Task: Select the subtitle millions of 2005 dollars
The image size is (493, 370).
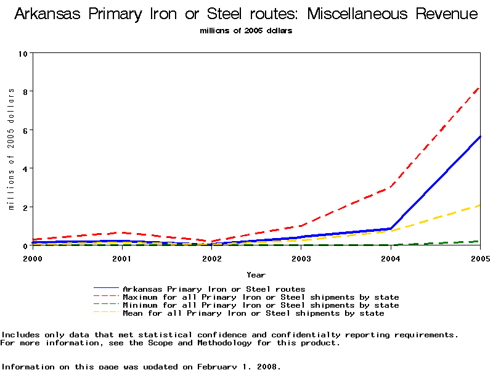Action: pos(246,31)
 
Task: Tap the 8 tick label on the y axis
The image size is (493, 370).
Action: pos(26,92)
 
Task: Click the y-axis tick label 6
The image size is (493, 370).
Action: pos(26,130)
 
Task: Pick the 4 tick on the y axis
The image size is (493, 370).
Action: pos(26,169)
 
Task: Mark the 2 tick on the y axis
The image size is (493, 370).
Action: pos(26,208)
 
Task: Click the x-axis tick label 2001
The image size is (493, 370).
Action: pos(122,258)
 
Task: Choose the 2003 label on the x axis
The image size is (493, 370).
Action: pos(301,258)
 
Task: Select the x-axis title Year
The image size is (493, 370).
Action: pos(256,274)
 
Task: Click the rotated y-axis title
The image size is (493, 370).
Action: pos(11,149)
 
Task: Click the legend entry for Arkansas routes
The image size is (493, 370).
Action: pos(214,289)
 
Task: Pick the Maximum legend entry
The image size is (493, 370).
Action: pos(261,297)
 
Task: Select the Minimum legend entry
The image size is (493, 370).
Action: pos(261,305)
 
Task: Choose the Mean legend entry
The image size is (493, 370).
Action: pos(253,313)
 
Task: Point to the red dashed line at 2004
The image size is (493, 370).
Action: pos(391,187)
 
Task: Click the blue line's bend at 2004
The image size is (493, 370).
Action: pos(391,229)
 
